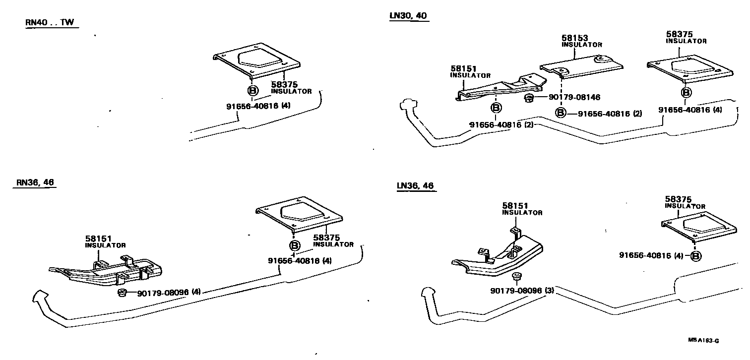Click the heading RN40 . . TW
coord(52,23)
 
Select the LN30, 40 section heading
coord(408,16)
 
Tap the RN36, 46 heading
coord(35,182)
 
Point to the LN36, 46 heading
coord(415,186)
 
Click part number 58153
coord(575,38)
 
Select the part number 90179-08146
coord(574,98)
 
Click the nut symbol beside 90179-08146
coord(529,98)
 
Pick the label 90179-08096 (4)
coord(169,293)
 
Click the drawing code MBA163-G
coord(703,341)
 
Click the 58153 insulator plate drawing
coord(581,67)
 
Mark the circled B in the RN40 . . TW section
coord(252,91)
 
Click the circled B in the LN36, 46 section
coord(696,256)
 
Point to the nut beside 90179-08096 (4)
coord(122,293)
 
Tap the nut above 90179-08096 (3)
coord(516,276)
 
